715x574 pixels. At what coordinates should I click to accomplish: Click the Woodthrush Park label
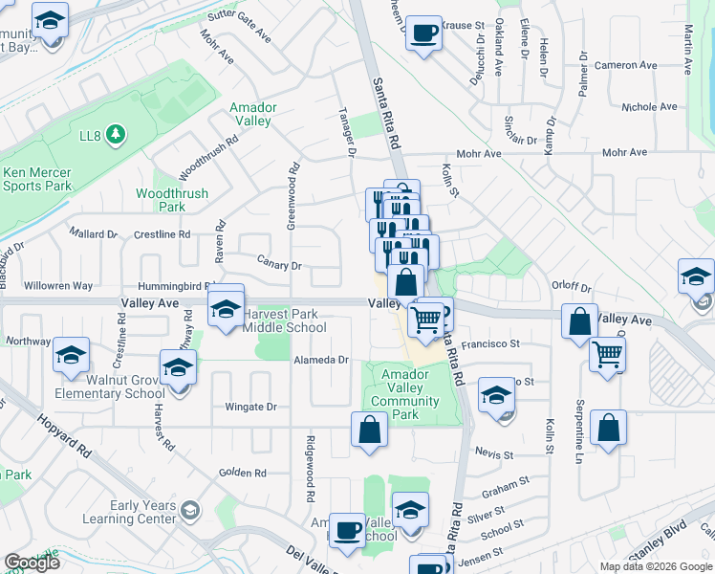[159, 200]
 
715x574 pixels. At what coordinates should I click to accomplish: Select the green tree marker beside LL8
[115, 133]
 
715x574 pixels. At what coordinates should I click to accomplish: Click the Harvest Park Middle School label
[284, 320]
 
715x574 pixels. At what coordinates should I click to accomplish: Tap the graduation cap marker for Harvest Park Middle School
[227, 310]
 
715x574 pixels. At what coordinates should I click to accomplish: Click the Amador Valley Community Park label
[406, 394]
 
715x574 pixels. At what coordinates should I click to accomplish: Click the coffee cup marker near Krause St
[422, 34]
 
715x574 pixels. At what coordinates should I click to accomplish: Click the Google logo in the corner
[32, 563]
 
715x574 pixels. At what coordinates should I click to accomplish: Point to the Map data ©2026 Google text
[656, 566]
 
